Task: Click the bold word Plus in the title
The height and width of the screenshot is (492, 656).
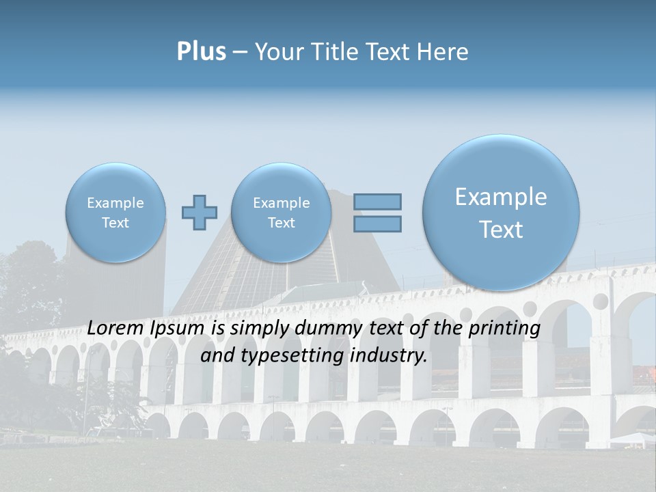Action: click(201, 51)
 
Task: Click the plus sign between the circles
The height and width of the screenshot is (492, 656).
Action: click(200, 213)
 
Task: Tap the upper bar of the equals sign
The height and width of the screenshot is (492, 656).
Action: click(377, 202)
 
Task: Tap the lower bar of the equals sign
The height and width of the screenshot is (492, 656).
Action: click(377, 223)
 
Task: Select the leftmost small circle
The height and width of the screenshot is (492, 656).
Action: click(115, 213)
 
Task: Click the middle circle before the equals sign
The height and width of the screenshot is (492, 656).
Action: click(281, 213)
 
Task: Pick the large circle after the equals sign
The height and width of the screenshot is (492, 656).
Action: click(501, 213)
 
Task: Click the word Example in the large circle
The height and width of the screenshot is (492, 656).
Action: click(501, 197)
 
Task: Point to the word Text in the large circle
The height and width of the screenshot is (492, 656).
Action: click(501, 230)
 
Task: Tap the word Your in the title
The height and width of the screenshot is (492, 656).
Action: click(277, 51)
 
